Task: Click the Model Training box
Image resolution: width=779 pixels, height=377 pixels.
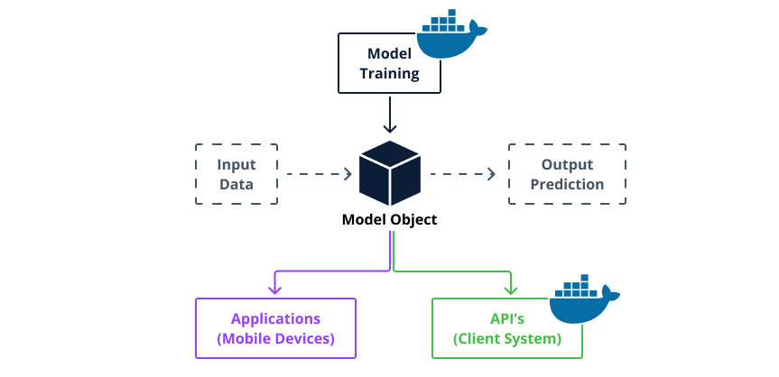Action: (x=389, y=64)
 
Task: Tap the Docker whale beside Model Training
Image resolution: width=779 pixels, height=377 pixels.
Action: (x=450, y=35)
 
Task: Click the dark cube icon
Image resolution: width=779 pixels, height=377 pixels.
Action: (x=390, y=172)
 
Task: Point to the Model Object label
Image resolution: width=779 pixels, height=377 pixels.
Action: (x=389, y=219)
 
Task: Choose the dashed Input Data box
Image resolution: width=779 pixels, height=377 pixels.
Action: (x=236, y=175)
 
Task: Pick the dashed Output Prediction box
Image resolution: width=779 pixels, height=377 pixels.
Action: (x=567, y=175)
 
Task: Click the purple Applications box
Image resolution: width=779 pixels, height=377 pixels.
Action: (x=275, y=328)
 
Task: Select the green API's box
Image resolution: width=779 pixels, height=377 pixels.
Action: (x=507, y=328)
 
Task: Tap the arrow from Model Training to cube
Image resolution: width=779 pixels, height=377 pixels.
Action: (x=390, y=114)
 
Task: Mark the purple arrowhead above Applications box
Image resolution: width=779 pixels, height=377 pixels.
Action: (x=275, y=289)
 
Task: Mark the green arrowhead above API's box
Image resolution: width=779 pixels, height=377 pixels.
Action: (x=510, y=289)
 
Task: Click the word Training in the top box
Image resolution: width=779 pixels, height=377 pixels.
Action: (x=389, y=74)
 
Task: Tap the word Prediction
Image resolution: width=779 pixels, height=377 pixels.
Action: (x=567, y=185)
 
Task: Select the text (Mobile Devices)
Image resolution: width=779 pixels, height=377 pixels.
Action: (x=275, y=339)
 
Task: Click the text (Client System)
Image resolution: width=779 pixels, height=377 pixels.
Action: (x=507, y=339)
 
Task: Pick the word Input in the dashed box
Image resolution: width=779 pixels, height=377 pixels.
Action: (x=236, y=165)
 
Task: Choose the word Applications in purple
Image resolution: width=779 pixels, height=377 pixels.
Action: (x=275, y=318)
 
